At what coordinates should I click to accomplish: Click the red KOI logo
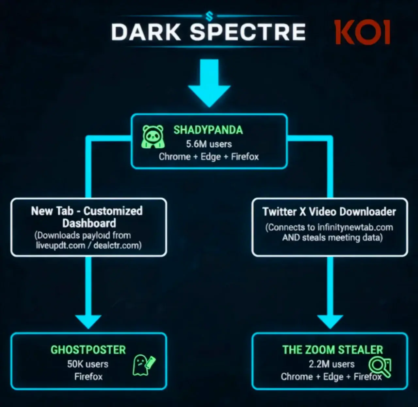[363, 32]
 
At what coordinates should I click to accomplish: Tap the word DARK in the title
[146, 32]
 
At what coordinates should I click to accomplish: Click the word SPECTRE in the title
[248, 32]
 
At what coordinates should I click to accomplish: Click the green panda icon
[153, 137]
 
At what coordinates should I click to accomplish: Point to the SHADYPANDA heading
[208, 130]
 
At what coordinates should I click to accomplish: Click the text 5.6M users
[209, 144]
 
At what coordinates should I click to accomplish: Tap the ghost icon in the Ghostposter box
[144, 365]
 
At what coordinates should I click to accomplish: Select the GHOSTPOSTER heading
[88, 350]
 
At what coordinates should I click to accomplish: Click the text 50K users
[88, 364]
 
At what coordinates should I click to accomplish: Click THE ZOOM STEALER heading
[332, 350]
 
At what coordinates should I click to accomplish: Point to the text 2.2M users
[332, 364]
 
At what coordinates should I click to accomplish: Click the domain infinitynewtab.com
[355, 227]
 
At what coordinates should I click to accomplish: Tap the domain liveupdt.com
[60, 245]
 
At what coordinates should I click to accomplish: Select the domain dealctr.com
[116, 245]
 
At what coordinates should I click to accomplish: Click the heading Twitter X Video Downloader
[329, 212]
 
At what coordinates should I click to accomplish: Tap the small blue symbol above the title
[209, 16]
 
